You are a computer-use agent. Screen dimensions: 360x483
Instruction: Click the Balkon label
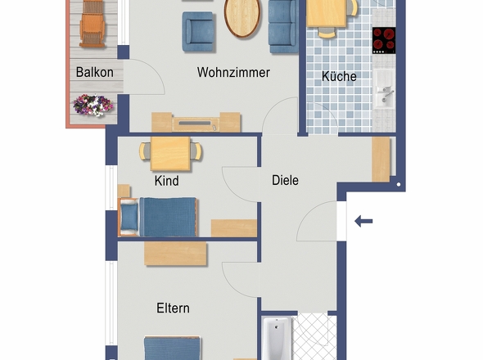click(94, 72)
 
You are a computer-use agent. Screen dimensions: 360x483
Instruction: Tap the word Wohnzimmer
click(233, 73)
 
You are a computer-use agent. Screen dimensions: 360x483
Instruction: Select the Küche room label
click(339, 76)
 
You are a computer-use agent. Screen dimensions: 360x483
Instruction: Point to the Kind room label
click(166, 181)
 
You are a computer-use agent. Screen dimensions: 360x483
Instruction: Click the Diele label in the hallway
click(285, 180)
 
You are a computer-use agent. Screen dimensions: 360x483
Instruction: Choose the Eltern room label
click(173, 308)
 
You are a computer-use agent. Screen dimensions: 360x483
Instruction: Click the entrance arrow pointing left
click(363, 220)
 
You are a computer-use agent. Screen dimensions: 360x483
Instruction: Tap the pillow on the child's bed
click(129, 217)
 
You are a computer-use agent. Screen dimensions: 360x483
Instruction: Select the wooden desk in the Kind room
click(171, 152)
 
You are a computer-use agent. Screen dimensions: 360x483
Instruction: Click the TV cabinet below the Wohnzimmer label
click(196, 123)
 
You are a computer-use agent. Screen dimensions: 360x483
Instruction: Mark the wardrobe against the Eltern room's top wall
click(175, 253)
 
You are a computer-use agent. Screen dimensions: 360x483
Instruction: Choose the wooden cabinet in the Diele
click(381, 159)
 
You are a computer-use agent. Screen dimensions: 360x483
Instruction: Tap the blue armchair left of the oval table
click(199, 29)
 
